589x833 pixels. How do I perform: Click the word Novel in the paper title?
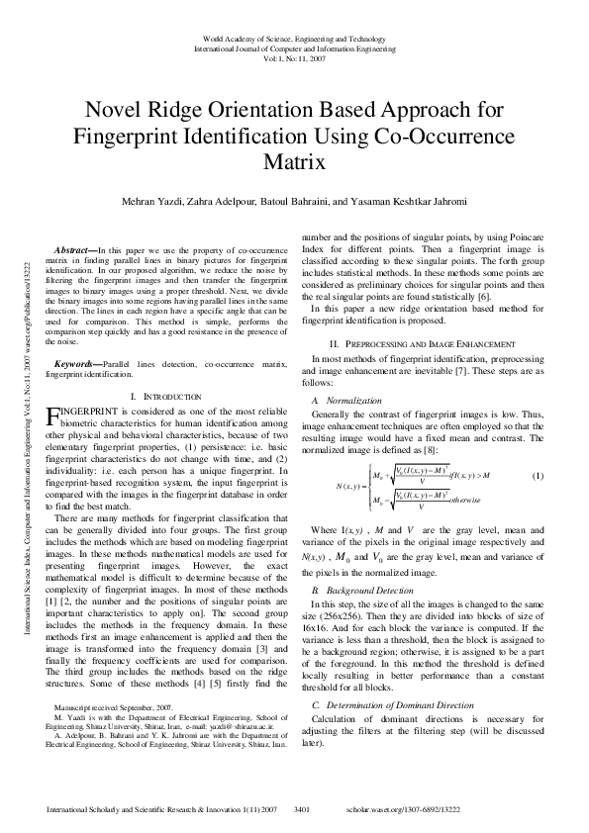pos(117,109)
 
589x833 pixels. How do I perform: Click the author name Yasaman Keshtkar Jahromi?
pos(412,202)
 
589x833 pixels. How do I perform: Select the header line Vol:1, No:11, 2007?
pos(294,57)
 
